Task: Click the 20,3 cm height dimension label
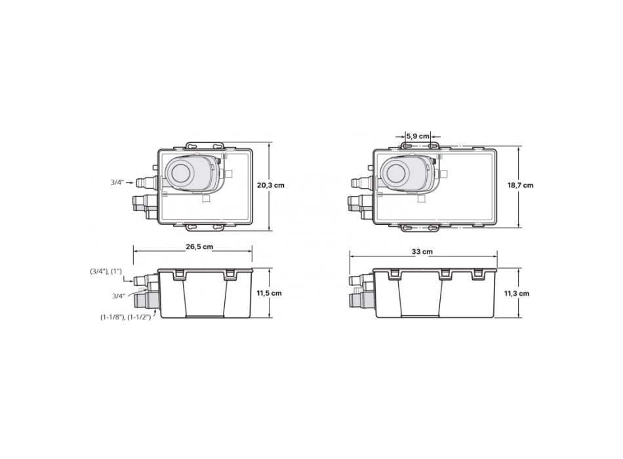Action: [x=271, y=186]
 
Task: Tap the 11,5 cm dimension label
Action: [x=269, y=293]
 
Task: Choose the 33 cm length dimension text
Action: [x=427, y=251]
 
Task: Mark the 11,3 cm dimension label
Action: [x=517, y=294]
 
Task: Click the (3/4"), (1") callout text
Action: [x=106, y=271]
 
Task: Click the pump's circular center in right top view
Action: [x=395, y=173]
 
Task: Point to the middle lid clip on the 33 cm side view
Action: [x=444, y=273]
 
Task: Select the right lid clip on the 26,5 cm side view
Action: [x=230, y=275]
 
